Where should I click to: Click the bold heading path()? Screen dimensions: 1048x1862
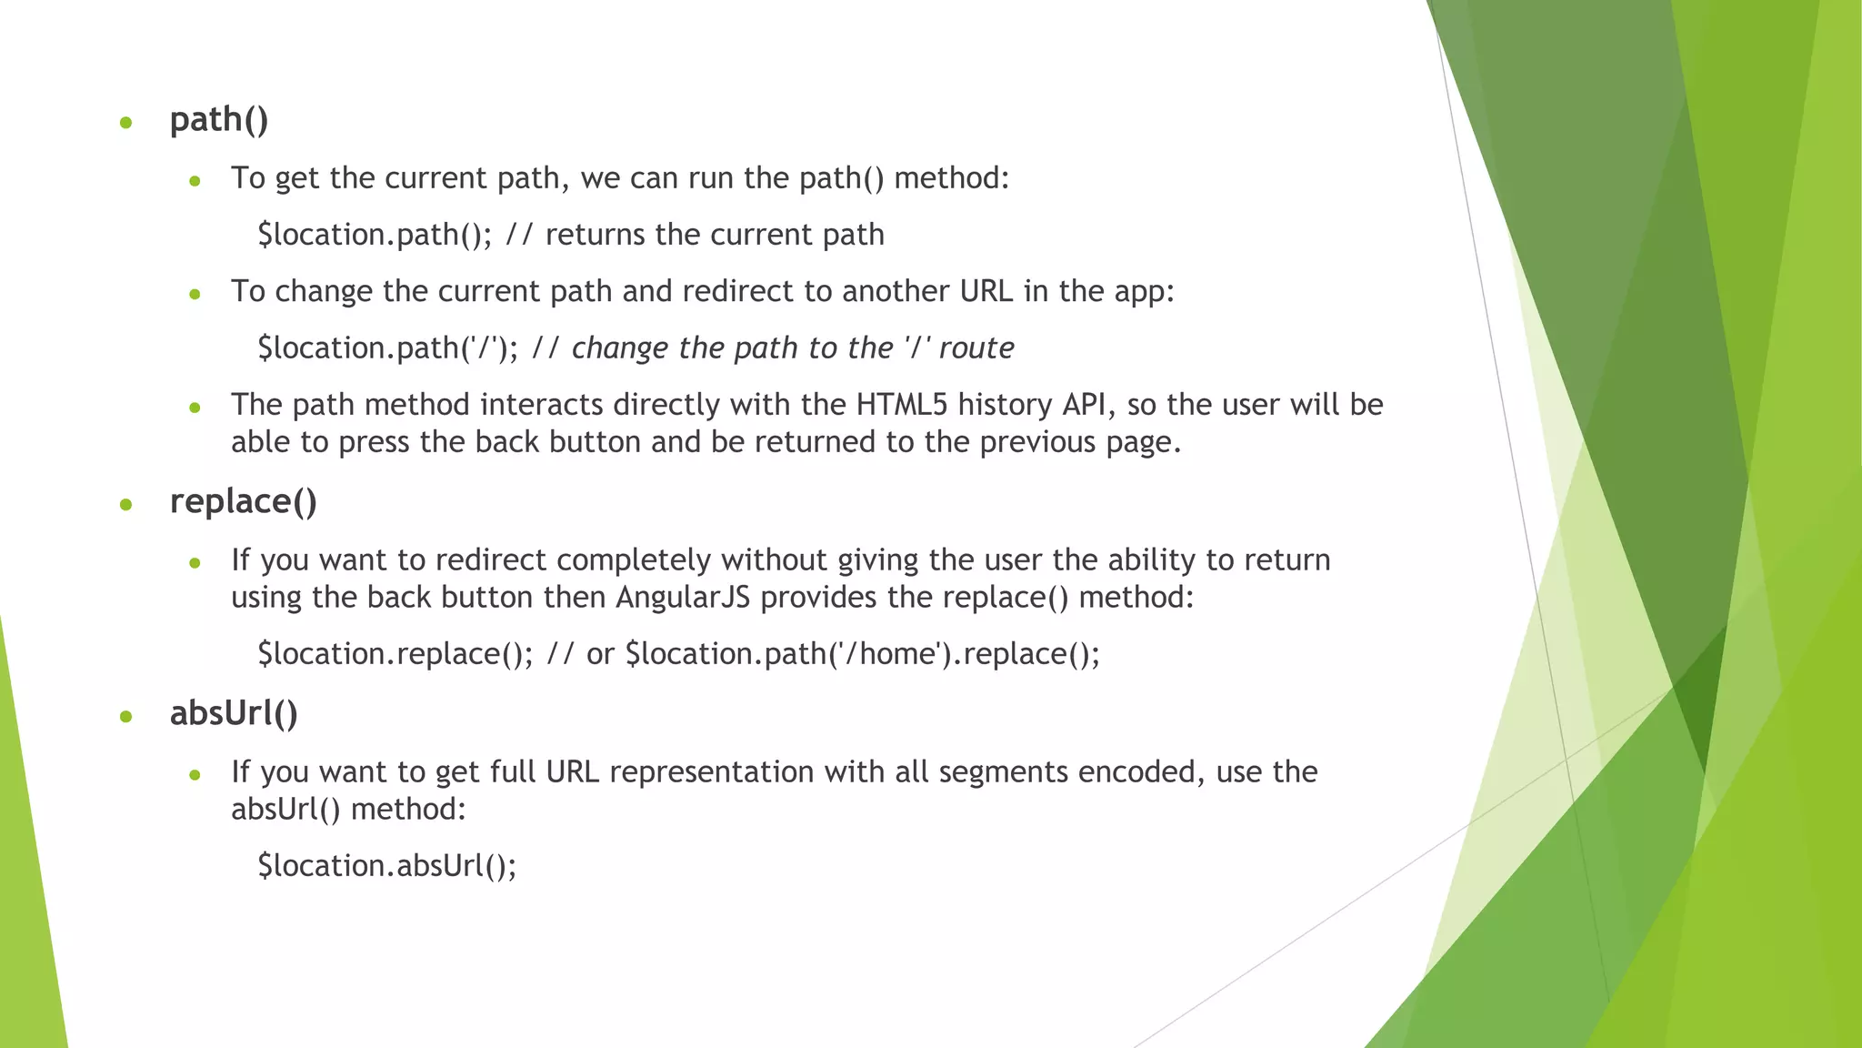(219, 120)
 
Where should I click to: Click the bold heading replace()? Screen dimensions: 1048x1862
(243, 502)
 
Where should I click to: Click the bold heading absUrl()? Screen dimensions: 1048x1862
(234, 714)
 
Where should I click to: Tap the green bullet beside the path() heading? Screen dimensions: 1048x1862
(126, 123)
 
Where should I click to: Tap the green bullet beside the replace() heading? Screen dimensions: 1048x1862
(126, 505)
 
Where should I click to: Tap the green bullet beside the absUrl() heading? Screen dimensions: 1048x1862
(126, 717)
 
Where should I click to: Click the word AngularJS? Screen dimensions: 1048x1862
(683, 598)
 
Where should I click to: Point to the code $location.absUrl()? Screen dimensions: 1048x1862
(387, 865)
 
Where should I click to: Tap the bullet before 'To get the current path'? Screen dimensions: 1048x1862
(195, 181)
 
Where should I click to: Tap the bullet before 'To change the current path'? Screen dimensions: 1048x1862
(195, 294)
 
